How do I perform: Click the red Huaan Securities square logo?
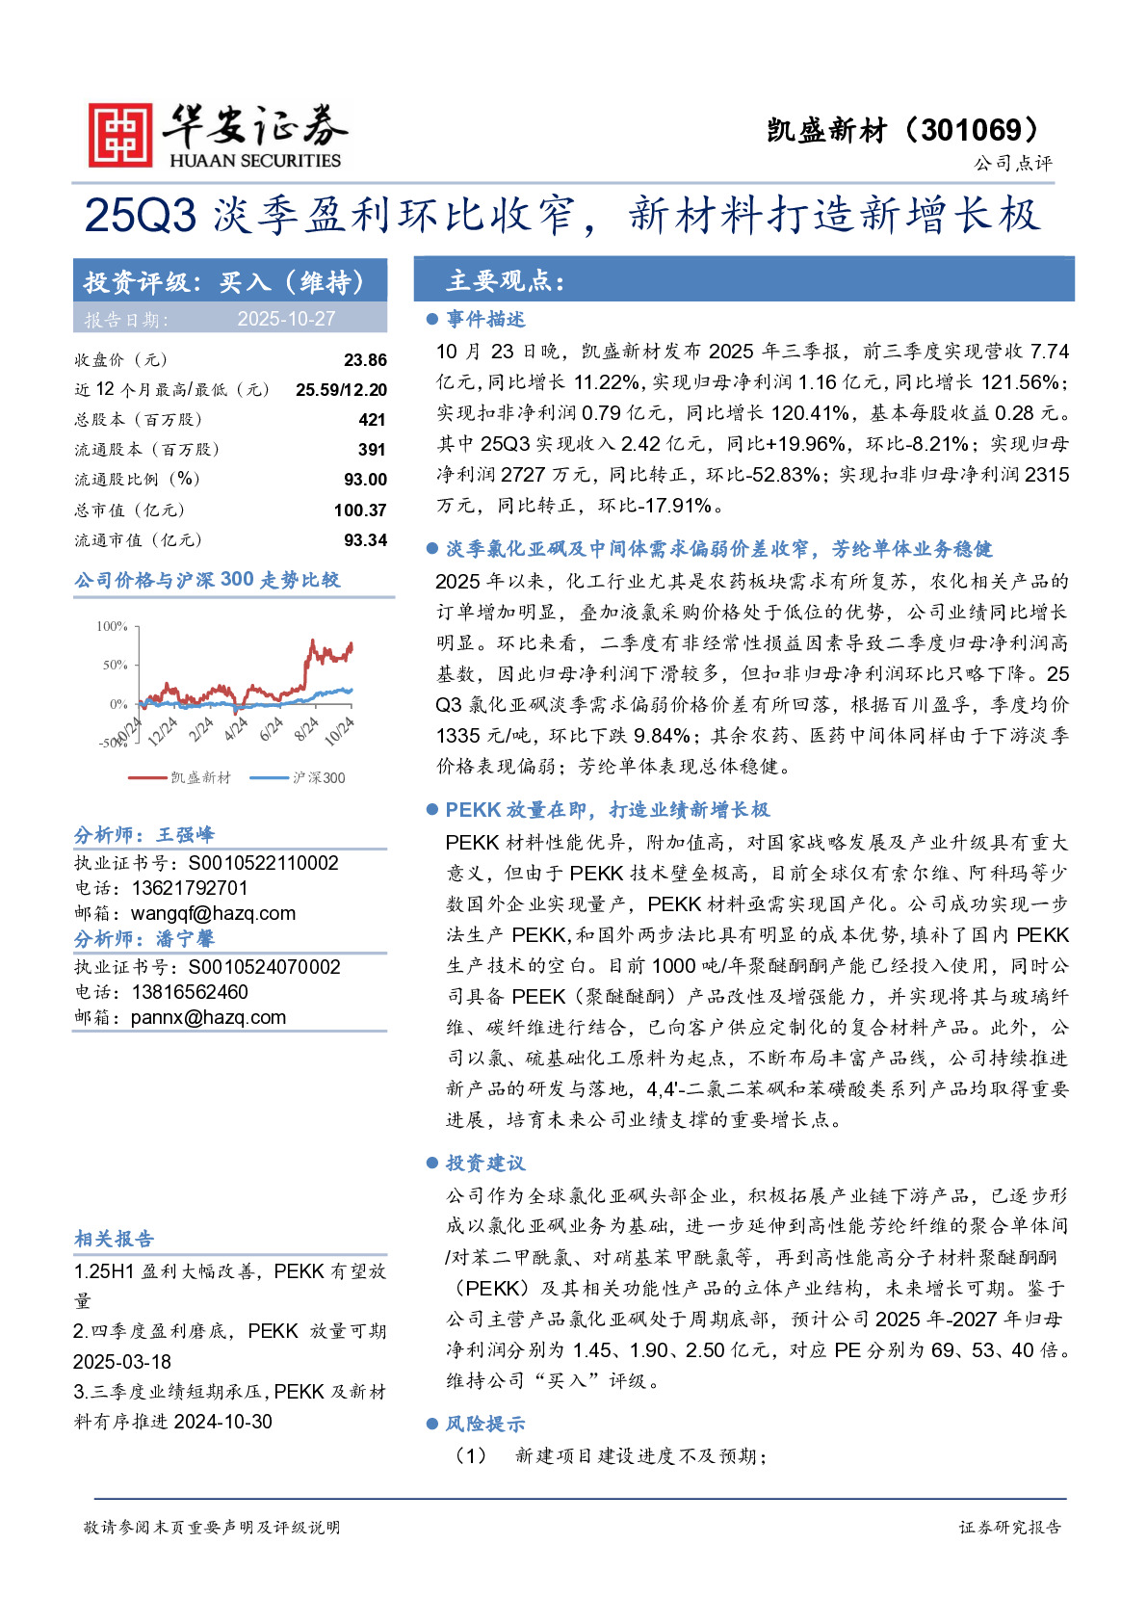[120, 135]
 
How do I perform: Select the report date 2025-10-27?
[286, 319]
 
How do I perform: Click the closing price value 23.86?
[365, 360]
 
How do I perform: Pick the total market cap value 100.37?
[360, 510]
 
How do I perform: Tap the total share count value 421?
[372, 420]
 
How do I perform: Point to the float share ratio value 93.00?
[365, 480]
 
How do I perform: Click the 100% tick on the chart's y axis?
[112, 626]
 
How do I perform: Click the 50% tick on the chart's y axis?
[115, 665]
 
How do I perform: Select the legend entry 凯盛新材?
[200, 777]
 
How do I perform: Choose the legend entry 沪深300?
[319, 777]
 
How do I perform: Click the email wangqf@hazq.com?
[213, 913]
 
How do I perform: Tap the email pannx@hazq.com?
[208, 1017]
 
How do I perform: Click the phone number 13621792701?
[190, 888]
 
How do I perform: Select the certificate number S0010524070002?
[264, 967]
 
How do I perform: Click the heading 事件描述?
[485, 319]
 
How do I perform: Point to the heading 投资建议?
[485, 1164]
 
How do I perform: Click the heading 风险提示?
[485, 1424]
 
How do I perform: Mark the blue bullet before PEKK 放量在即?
[432, 810]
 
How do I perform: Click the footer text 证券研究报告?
[1010, 1527]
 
